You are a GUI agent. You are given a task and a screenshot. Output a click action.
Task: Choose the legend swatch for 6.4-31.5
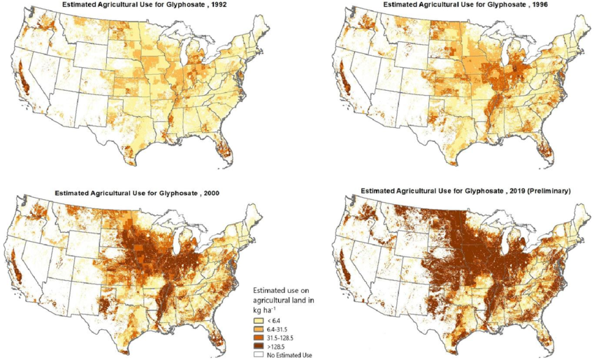click(259, 329)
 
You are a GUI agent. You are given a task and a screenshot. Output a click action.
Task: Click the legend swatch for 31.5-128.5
click(259, 338)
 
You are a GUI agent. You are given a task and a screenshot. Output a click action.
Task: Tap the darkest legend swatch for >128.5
click(259, 346)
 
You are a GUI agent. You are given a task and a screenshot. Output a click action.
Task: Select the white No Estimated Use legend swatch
click(259, 354)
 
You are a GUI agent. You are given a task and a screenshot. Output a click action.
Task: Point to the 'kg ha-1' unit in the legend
click(264, 308)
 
